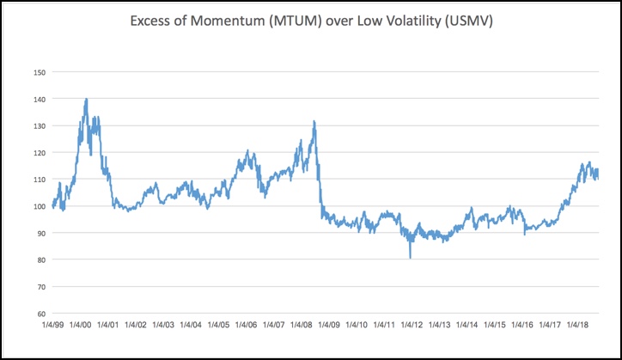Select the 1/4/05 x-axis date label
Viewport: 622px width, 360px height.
(x=218, y=326)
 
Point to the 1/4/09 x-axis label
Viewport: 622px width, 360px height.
(x=329, y=326)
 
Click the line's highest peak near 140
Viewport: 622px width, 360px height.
(x=86, y=99)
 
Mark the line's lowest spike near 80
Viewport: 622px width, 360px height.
(x=410, y=257)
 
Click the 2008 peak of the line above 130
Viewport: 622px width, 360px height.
(x=314, y=121)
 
